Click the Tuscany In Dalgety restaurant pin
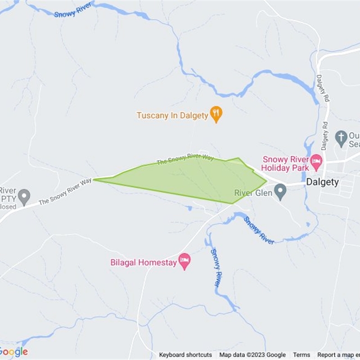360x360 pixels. (x=217, y=114)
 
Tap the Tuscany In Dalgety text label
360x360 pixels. (x=172, y=116)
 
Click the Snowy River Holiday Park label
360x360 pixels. (x=286, y=164)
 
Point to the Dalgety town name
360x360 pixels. (x=322, y=182)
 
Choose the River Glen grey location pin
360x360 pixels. (x=280, y=193)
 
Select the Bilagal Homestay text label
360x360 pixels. (x=144, y=262)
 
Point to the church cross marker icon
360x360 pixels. (x=342, y=136)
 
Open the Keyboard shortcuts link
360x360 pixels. (x=185, y=355)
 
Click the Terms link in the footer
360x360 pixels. (x=301, y=355)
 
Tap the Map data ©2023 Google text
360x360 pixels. (x=252, y=355)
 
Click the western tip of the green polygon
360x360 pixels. (x=95, y=180)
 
